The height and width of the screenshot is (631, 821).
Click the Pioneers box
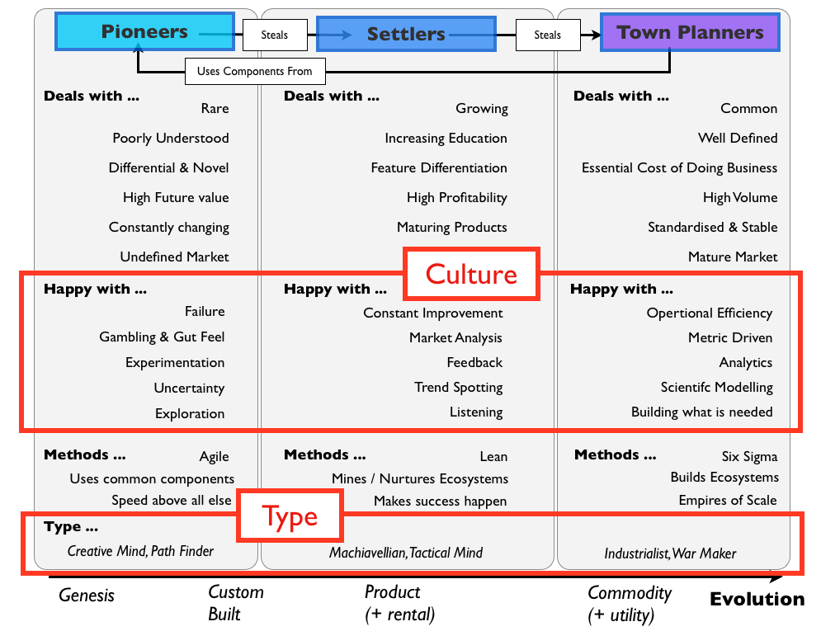coord(144,32)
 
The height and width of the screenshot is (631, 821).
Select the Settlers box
coord(406,34)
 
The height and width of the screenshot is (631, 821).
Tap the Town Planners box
coord(690,33)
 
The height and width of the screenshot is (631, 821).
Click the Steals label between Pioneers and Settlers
coord(276,35)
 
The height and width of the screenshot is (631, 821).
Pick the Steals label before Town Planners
coord(547,35)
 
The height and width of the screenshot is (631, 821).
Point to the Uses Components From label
coord(254,71)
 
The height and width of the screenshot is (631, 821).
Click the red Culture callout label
coord(471,274)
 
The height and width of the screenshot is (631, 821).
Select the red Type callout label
coord(290,516)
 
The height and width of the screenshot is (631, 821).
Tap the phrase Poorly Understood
coord(171,138)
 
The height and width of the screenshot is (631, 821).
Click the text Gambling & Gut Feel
coord(162,337)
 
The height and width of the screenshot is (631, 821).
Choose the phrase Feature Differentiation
coord(439,167)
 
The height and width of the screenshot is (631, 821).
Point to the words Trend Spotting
coord(458,387)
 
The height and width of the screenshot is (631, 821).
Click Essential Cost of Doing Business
coord(679,167)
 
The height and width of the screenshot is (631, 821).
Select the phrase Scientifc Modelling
coord(716,387)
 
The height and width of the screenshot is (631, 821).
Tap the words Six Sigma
coord(749,456)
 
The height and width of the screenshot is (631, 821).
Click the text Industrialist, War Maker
coord(670,553)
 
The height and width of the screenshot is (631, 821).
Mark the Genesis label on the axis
coord(87,595)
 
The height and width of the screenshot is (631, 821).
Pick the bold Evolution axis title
coord(757,600)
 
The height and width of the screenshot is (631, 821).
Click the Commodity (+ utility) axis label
coord(630,603)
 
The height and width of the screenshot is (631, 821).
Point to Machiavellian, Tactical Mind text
coord(406,553)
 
